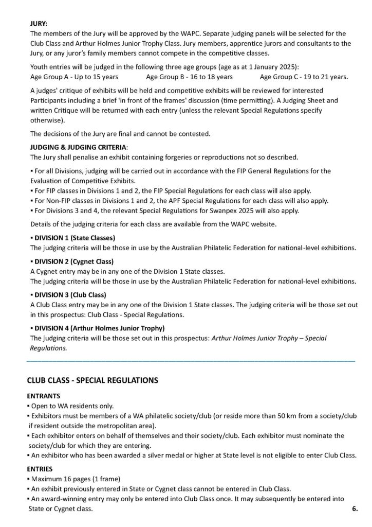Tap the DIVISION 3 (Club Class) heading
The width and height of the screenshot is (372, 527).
70,295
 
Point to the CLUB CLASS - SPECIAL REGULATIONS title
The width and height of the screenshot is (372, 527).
92,381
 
